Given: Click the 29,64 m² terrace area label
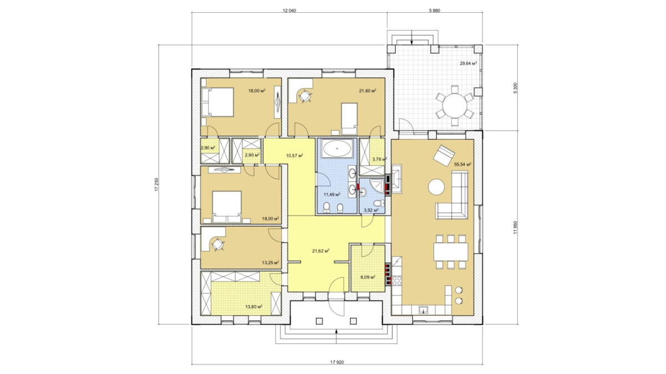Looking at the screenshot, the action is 468,63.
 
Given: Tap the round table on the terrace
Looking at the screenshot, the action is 455,106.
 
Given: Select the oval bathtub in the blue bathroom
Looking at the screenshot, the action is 337,148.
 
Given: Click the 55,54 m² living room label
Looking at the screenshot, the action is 463,164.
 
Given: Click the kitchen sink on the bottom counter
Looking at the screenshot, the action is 423,310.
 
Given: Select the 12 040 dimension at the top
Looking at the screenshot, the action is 289,11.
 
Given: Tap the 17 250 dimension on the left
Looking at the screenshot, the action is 157,185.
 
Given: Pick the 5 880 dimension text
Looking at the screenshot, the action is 435,11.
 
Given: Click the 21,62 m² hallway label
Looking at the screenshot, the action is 321,251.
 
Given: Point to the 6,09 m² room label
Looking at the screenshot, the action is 367,277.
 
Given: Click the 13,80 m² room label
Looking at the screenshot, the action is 253,306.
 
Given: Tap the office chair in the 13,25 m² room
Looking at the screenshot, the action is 218,245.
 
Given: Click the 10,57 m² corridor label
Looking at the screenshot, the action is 294,155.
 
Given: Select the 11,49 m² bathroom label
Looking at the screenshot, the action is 332,194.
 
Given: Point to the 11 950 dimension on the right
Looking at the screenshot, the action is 515,228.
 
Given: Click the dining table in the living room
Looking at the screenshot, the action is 451,252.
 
